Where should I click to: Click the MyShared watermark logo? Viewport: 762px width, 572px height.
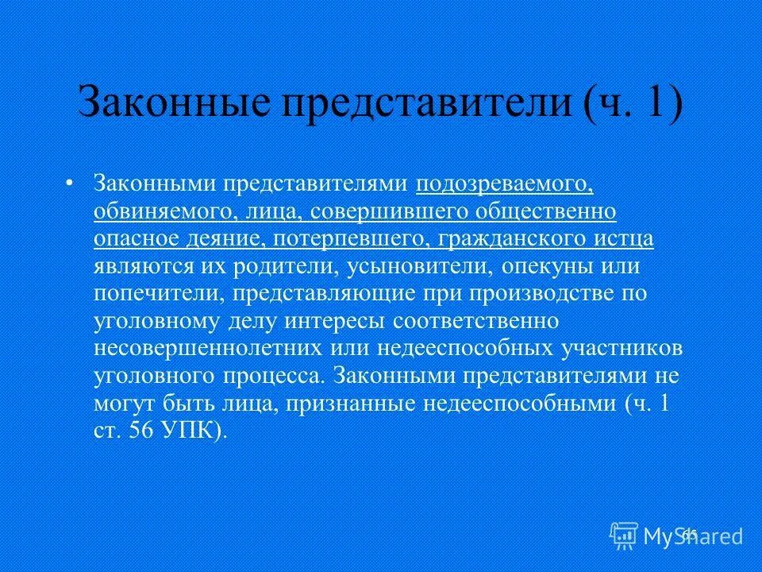point(676,535)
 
